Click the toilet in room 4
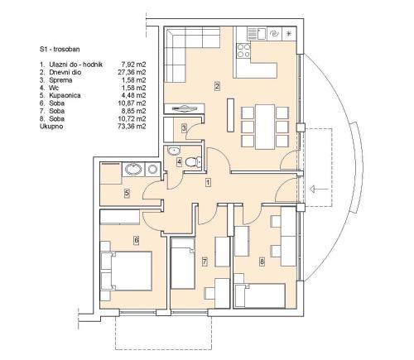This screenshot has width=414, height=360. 192,162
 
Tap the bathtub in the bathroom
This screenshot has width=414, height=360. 133,169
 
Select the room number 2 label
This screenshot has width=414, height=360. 217,86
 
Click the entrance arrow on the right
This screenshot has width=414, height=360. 319,190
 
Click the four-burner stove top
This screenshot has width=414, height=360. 243,50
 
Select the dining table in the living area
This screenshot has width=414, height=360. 265,127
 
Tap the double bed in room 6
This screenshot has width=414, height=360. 131,271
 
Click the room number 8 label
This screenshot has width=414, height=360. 262,262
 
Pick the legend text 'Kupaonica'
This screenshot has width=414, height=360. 65,95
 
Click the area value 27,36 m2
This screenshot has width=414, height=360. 130,72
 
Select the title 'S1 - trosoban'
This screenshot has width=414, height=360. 60,50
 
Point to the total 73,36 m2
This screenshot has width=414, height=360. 130,127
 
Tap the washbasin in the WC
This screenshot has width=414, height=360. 174,151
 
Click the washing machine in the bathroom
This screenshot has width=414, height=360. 152,169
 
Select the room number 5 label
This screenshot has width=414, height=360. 127,193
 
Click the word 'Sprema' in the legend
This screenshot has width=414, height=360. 60,80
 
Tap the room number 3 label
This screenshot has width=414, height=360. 184,128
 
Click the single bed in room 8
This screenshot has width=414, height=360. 259,295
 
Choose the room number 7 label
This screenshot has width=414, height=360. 205,262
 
